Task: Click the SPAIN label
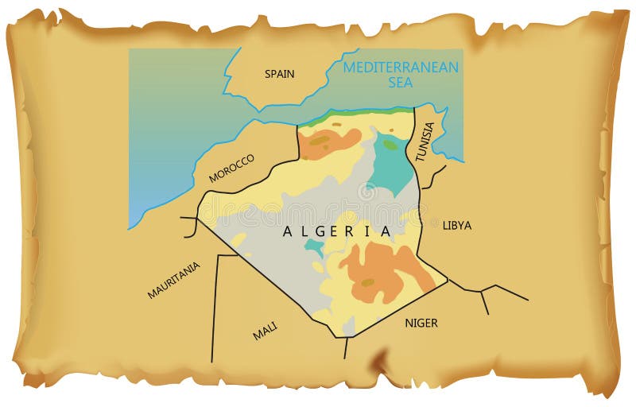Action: point(279,74)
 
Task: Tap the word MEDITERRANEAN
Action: point(401,67)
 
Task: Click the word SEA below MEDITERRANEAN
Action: point(401,83)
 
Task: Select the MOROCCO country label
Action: point(231,169)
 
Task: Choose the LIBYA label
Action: point(456,226)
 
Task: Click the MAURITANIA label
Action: point(173,280)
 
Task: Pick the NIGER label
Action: point(421,323)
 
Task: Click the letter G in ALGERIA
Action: point(326,232)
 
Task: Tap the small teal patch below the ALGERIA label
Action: point(315,248)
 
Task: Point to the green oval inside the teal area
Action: point(390,145)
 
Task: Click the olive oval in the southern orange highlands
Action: point(367,282)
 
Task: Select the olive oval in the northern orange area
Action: point(320,141)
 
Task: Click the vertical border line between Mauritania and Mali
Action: point(214,310)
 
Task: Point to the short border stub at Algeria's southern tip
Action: point(346,348)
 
